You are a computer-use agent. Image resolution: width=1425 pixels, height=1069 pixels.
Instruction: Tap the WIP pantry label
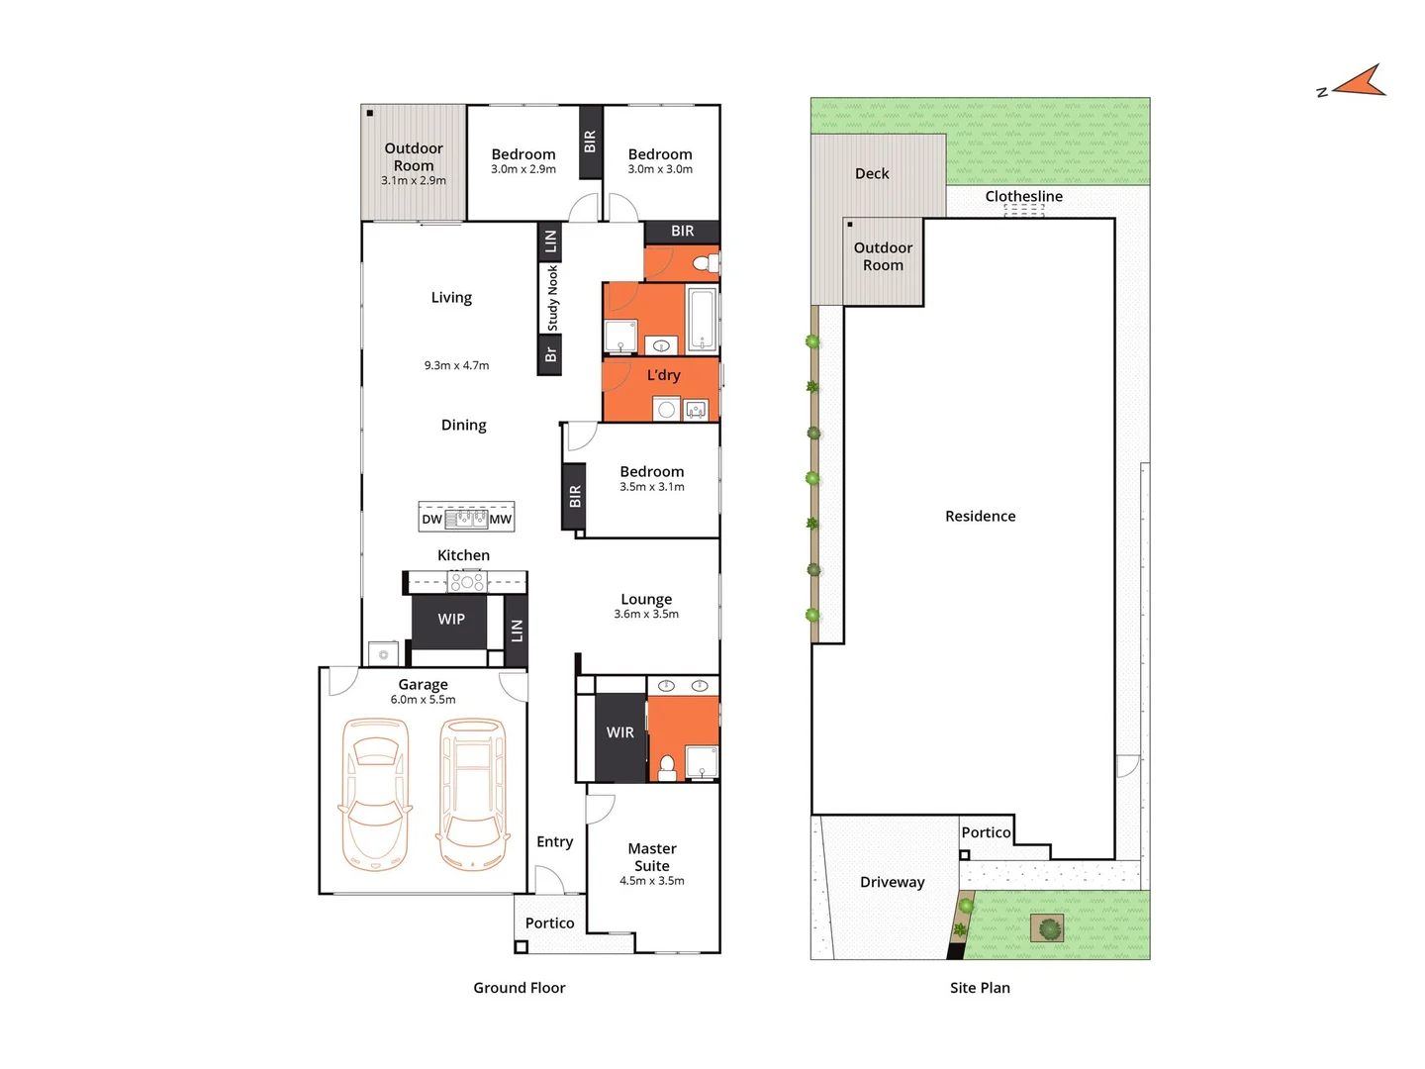click(451, 619)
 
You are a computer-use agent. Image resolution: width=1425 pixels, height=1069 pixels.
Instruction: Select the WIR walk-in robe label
click(620, 732)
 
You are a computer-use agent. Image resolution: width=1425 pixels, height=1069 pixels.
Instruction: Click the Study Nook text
click(552, 298)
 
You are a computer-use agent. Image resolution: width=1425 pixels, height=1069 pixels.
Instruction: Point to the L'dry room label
click(663, 375)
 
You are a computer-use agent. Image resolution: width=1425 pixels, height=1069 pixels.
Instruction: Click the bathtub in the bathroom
click(702, 319)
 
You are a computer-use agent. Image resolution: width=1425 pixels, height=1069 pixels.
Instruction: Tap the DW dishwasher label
click(431, 519)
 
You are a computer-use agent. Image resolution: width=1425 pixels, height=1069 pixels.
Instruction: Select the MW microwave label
click(501, 519)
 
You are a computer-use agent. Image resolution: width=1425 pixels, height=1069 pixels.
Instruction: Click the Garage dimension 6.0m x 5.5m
click(423, 700)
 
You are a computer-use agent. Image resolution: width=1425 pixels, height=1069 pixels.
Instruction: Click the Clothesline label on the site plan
click(1023, 196)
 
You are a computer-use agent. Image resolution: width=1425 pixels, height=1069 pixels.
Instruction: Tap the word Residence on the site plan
click(980, 516)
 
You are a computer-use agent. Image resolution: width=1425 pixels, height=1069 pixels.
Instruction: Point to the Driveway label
click(892, 882)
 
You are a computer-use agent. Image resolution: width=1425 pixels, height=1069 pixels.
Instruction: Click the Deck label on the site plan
click(872, 173)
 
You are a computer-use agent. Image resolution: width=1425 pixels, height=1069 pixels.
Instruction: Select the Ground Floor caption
click(519, 988)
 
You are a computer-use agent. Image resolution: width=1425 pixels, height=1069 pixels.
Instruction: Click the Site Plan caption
click(980, 988)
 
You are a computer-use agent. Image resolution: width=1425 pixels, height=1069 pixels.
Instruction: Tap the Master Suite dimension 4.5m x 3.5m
click(651, 881)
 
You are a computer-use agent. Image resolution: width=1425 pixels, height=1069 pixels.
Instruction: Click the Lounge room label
click(646, 599)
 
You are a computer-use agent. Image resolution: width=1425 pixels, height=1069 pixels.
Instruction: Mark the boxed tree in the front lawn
click(1048, 928)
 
